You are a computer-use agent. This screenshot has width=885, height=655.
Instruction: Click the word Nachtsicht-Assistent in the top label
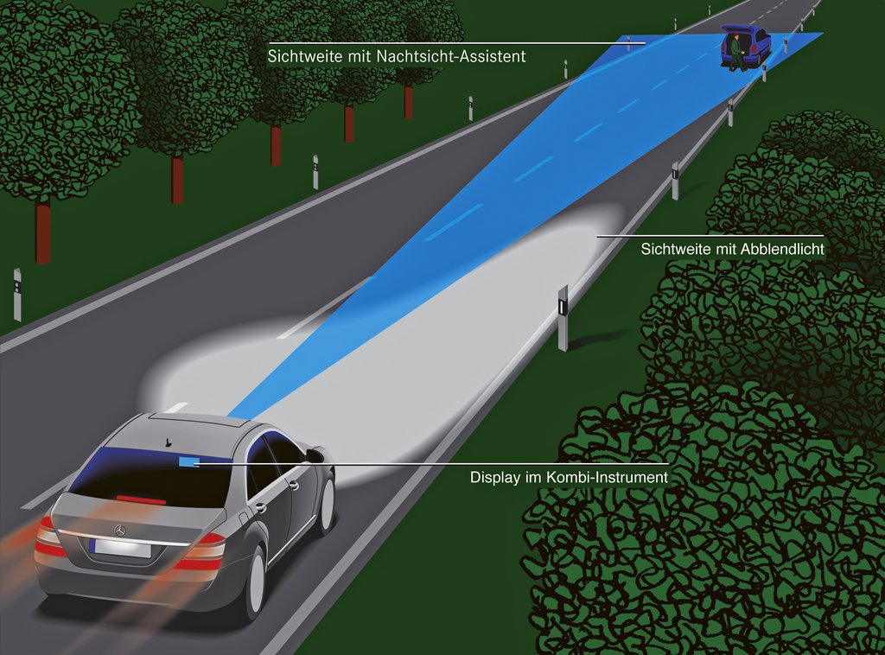click(x=451, y=56)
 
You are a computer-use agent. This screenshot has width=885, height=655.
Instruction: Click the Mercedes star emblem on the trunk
click(x=120, y=531)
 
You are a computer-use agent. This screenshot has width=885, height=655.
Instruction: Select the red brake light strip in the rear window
click(x=141, y=499)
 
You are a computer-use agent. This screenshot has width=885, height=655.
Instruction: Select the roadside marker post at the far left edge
click(x=17, y=295)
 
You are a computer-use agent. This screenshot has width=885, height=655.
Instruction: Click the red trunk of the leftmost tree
click(x=42, y=232)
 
